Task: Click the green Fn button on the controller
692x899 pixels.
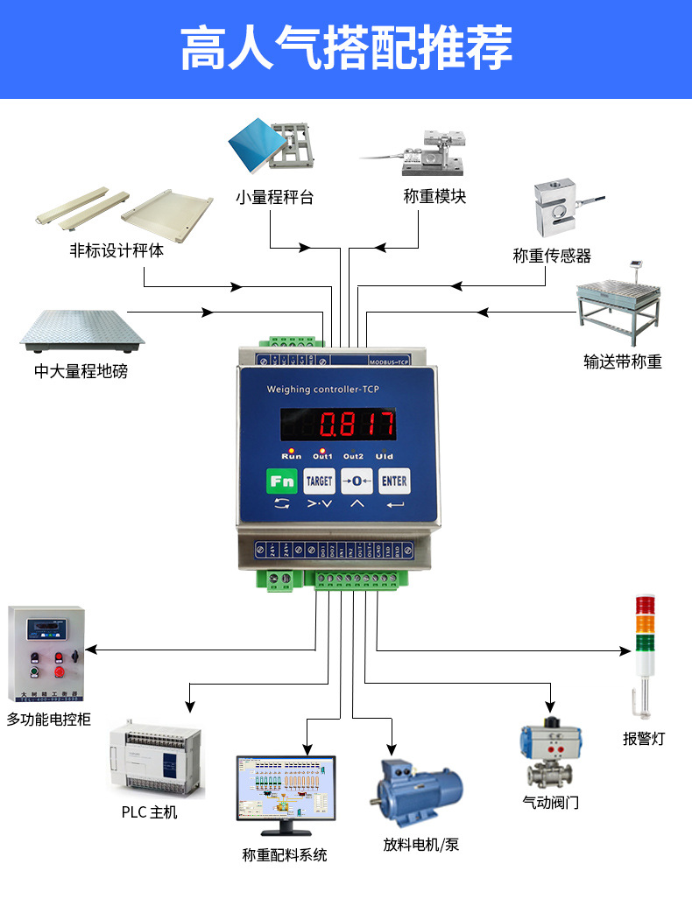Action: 281,481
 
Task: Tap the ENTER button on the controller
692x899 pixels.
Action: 394,481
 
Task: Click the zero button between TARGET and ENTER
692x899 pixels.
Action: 357,481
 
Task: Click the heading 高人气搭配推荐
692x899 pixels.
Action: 346,49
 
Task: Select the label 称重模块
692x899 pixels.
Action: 434,197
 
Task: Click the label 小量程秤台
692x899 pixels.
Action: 274,197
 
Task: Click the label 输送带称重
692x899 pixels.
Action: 623,361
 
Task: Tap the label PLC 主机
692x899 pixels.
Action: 150,812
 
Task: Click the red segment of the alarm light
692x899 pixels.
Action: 645,605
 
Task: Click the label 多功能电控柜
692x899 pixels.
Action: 49,720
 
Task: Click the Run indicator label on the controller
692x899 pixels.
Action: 292,456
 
